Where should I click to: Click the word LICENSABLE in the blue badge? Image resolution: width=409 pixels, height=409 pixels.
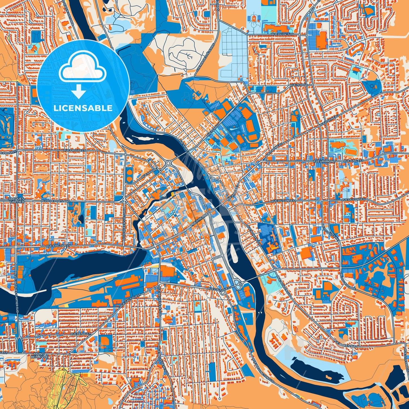click(83, 108)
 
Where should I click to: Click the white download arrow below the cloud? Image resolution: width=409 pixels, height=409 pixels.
click(79, 91)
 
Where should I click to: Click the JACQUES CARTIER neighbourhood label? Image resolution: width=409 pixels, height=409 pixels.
click(16, 200)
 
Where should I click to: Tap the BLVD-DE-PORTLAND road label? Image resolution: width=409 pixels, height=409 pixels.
click(55, 201)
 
